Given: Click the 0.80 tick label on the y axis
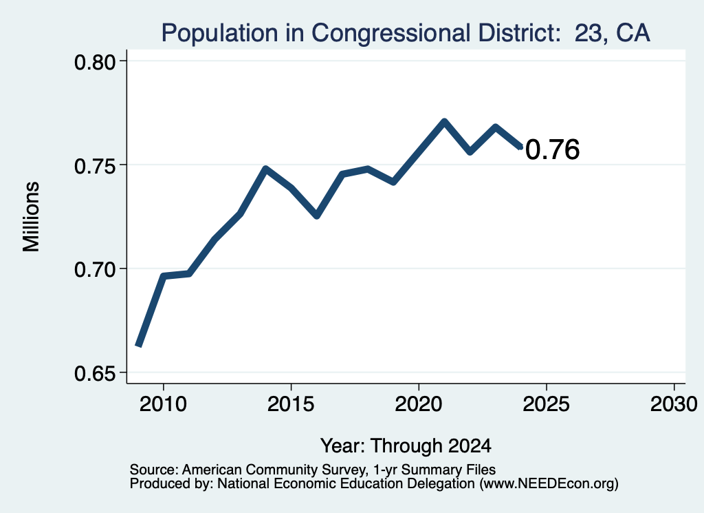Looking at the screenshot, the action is pyautogui.click(x=95, y=62).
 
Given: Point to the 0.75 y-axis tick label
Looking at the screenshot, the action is pyautogui.click(x=95, y=166).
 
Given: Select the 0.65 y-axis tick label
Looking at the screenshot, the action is pyautogui.click(x=95, y=374).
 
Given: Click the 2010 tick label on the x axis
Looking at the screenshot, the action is pyautogui.click(x=163, y=404).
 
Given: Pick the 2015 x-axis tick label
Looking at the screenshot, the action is pyautogui.click(x=291, y=404).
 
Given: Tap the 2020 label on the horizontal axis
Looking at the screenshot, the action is pyautogui.click(x=419, y=404).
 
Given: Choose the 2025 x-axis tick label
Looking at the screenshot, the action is pyautogui.click(x=547, y=404).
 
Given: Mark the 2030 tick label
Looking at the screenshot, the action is pyautogui.click(x=674, y=404).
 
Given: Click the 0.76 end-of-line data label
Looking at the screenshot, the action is pyautogui.click(x=552, y=149).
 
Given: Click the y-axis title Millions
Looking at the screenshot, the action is pyautogui.click(x=32, y=217).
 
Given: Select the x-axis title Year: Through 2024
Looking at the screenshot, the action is pyautogui.click(x=406, y=446).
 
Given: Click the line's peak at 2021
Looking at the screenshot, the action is pyautogui.click(x=444, y=121).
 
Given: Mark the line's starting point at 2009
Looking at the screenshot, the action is pyautogui.click(x=138, y=345).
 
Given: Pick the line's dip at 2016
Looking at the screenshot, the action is pyautogui.click(x=316, y=216).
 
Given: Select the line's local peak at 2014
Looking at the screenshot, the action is pyautogui.click(x=266, y=169).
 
